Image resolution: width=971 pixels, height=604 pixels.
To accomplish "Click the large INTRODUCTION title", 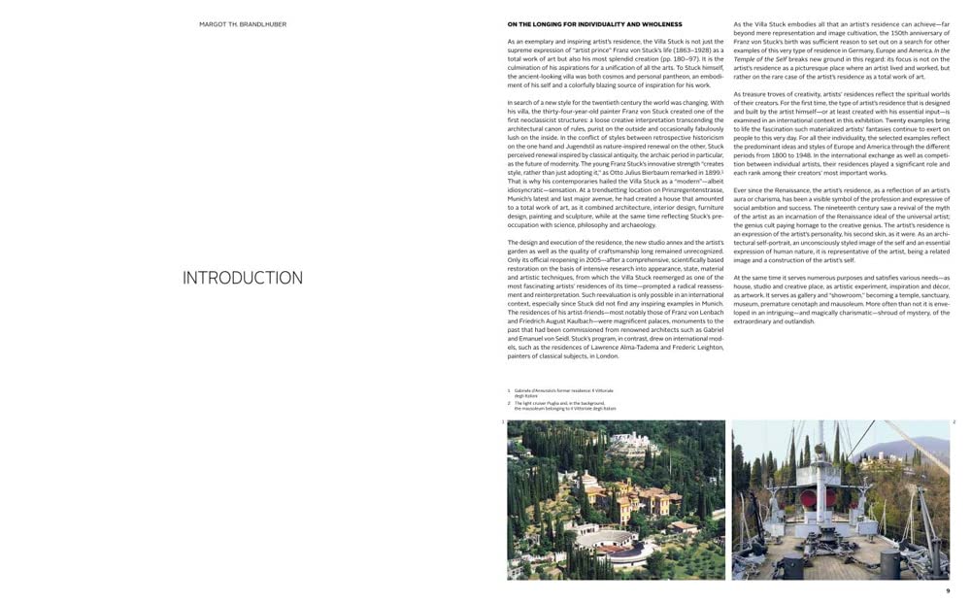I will [243, 278].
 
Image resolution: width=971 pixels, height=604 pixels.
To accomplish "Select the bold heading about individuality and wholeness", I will [594, 23].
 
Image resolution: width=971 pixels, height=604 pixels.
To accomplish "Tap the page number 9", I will [948, 590].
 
